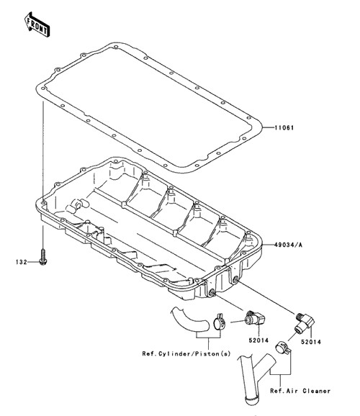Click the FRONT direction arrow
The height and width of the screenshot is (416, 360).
[37, 24]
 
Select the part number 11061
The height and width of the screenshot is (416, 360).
[284, 128]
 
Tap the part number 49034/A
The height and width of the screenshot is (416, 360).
[288, 245]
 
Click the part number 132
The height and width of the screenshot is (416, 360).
[22, 262]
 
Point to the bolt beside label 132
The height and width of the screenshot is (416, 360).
[42, 256]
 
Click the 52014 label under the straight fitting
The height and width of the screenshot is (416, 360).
[258, 340]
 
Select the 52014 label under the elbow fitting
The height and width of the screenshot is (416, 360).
[310, 342]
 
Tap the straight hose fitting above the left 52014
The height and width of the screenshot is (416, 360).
[255, 317]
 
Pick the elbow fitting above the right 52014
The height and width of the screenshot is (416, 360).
[305, 322]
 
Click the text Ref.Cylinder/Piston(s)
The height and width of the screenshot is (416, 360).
[186, 353]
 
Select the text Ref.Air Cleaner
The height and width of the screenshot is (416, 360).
[300, 391]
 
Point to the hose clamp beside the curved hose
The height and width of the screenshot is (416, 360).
[220, 322]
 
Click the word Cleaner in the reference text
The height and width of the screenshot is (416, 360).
[317, 391]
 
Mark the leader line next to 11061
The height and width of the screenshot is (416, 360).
[268, 127]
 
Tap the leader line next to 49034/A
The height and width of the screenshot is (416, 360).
[268, 245]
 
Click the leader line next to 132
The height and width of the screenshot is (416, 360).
[33, 262]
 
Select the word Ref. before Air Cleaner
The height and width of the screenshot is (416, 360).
[277, 391]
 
